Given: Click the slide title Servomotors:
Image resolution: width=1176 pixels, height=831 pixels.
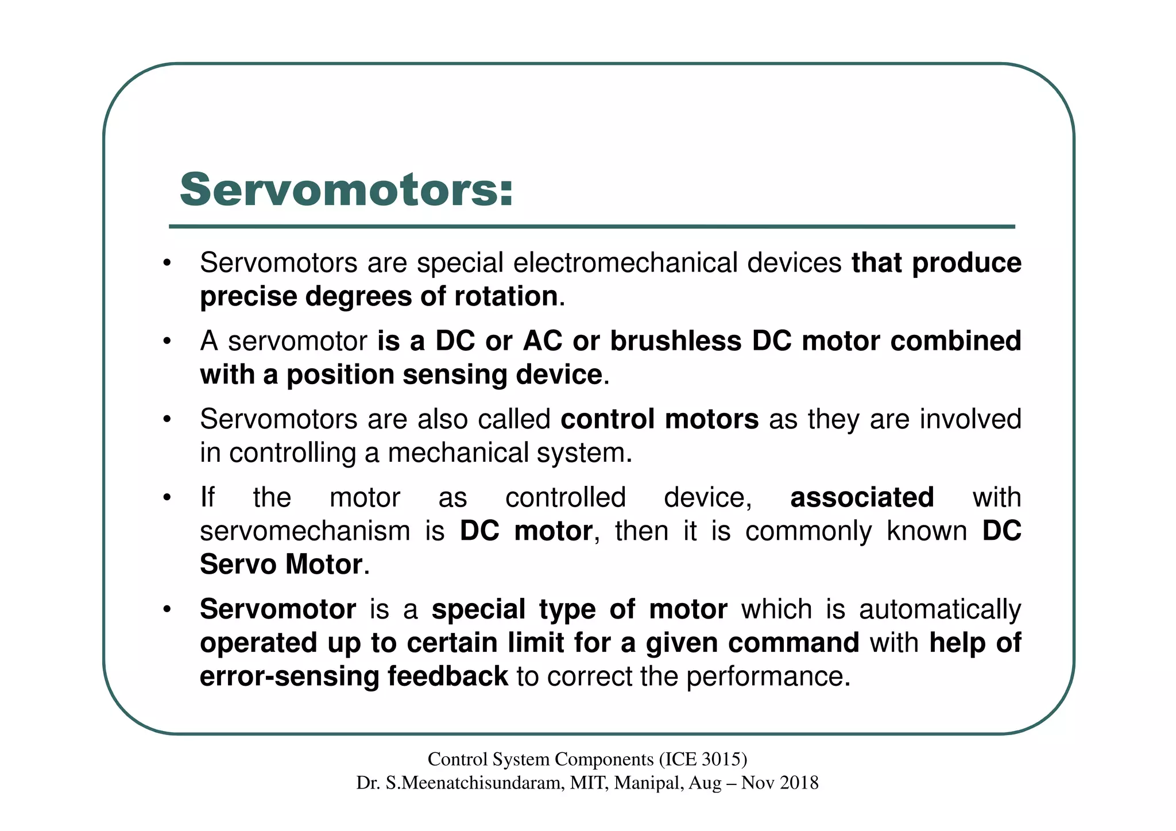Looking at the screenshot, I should (x=346, y=190).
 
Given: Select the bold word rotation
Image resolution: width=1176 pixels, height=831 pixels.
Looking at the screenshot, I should (x=506, y=296).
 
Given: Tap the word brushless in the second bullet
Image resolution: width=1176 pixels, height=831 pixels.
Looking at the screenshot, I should (x=675, y=341).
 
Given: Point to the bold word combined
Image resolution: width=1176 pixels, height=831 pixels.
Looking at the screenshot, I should (x=955, y=341).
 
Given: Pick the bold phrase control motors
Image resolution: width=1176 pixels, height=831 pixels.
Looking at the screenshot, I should (x=659, y=419).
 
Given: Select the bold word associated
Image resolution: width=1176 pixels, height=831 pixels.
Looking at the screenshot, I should (x=861, y=497).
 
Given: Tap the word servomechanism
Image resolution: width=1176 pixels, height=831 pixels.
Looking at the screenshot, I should (x=304, y=531).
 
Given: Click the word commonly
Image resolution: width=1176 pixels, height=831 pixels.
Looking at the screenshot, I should (x=808, y=531).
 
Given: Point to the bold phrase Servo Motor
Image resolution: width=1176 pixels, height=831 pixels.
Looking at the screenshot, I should (x=281, y=565).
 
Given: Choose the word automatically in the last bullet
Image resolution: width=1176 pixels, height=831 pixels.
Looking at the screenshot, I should (x=939, y=609).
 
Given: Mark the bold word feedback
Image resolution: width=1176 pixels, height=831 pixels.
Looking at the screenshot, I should (x=447, y=676).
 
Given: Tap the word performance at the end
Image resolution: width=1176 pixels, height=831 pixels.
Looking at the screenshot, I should (x=767, y=677).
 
